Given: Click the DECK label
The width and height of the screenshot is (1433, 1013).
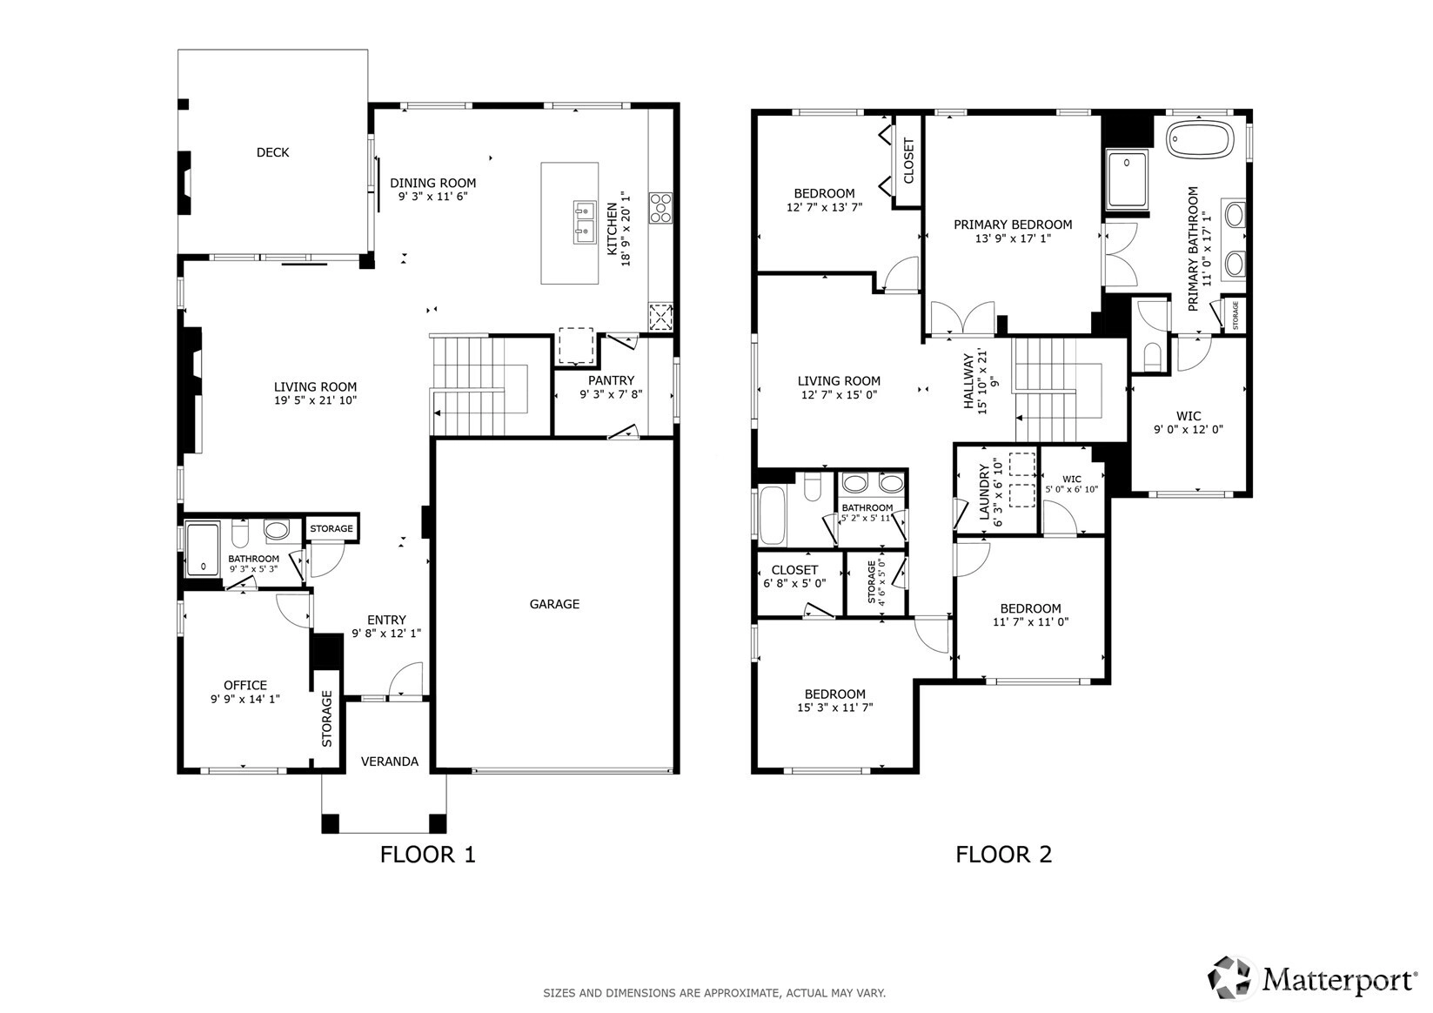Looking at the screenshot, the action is click(x=272, y=152).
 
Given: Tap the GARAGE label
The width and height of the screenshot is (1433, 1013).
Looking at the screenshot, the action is click(x=554, y=604).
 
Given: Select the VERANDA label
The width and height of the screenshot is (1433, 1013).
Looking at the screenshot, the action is click(x=390, y=761).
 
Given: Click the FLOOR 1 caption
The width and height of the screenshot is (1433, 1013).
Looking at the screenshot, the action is click(x=428, y=855).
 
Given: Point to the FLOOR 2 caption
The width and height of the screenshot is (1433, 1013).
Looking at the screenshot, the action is click(x=1004, y=855).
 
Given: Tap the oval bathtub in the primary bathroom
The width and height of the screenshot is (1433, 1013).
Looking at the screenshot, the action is click(x=1201, y=139).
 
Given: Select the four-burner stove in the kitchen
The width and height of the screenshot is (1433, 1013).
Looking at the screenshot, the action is click(x=661, y=208).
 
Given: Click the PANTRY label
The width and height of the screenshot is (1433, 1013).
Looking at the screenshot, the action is click(x=611, y=381).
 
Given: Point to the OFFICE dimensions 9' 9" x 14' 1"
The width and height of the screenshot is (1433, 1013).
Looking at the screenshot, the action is click(x=245, y=700).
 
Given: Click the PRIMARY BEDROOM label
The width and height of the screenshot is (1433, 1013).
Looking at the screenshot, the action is click(x=1013, y=225).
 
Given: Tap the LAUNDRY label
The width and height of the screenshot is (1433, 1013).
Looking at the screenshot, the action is click(x=985, y=492).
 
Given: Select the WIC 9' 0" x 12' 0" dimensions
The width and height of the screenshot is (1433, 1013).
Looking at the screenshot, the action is click(x=1188, y=430).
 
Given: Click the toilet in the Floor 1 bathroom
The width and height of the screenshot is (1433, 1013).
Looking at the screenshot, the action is click(x=240, y=533).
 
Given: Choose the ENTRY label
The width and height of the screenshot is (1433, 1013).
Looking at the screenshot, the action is click(x=386, y=621).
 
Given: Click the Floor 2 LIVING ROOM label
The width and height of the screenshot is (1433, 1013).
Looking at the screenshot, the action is click(x=839, y=381).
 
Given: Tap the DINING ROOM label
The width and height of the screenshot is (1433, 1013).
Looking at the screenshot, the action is click(x=433, y=183).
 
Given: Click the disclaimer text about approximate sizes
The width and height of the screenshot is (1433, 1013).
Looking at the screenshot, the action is click(x=714, y=993).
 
